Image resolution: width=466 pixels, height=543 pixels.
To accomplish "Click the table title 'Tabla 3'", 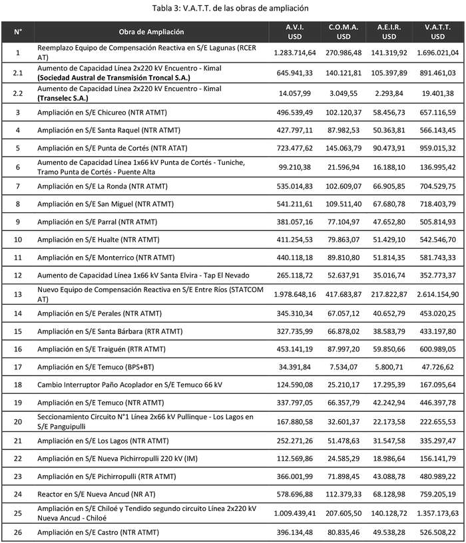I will [x=232, y=7].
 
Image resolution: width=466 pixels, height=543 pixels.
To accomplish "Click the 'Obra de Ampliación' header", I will [x=152, y=32].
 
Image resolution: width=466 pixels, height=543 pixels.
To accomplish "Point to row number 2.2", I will [x=18, y=92].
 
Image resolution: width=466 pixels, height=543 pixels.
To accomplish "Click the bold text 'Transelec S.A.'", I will [x=65, y=97].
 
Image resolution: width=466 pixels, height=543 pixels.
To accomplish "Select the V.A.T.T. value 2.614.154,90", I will [x=437, y=293].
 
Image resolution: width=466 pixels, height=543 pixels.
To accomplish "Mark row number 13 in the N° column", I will [x=18, y=293].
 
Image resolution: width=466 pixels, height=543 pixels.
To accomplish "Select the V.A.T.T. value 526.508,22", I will [x=437, y=532].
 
